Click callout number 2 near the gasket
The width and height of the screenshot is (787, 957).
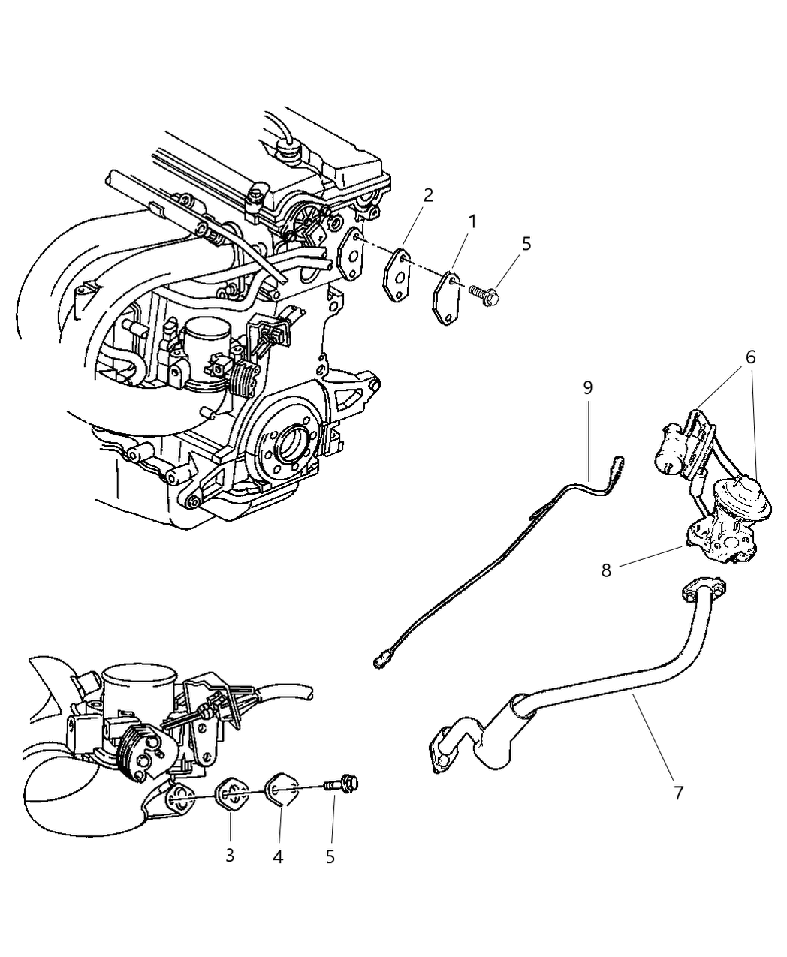pyautogui.click(x=428, y=196)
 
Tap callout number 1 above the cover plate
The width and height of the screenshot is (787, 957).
pyautogui.click(x=472, y=222)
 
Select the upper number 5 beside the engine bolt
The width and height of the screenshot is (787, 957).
pyautogui.click(x=526, y=244)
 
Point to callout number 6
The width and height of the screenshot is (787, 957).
pyautogui.click(x=751, y=357)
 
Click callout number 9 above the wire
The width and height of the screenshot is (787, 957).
pyautogui.click(x=588, y=387)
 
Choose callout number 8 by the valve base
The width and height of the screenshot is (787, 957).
pyautogui.click(x=606, y=570)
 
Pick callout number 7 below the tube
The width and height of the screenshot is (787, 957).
pyautogui.click(x=678, y=793)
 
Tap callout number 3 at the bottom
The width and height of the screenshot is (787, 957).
pyautogui.click(x=230, y=856)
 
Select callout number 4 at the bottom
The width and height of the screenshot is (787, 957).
pyautogui.click(x=277, y=856)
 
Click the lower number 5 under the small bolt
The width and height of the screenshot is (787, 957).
pyautogui.click(x=330, y=856)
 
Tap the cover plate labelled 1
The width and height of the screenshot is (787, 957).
pyautogui.click(x=447, y=298)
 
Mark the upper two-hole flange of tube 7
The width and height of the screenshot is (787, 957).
pyautogui.click(x=704, y=592)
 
